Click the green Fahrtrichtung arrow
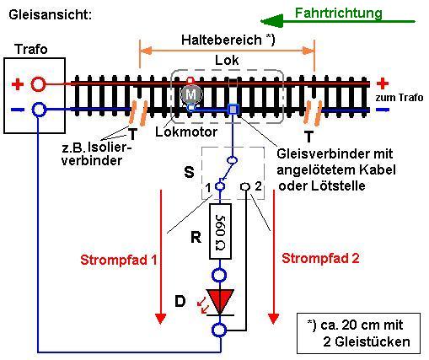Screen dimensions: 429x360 pos(338,21)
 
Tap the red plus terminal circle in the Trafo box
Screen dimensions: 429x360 pos(38,83)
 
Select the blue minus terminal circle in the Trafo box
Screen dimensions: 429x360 pos(38,110)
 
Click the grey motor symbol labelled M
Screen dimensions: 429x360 pos(191,94)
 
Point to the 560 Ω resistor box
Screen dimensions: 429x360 pos(221,231)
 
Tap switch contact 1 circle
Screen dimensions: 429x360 pos(220,186)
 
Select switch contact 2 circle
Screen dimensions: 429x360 pos(245,186)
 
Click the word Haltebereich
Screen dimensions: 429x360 pos(222,40)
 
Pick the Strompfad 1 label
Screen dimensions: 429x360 pos(119,260)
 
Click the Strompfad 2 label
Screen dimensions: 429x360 pos(320,258)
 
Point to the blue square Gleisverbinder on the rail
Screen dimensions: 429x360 pos(233,109)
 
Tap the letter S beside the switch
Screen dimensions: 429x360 pos(189,172)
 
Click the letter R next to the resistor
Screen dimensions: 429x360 pos(196,238)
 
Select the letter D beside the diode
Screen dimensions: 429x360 pos(180,301)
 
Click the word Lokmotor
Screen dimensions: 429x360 pos(186,132)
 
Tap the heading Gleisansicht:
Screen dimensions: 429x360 pos(51,14)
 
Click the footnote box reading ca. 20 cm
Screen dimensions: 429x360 pos(358,333)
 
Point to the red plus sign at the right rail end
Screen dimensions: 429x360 pos(383,83)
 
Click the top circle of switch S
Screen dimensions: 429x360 pos(232,160)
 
